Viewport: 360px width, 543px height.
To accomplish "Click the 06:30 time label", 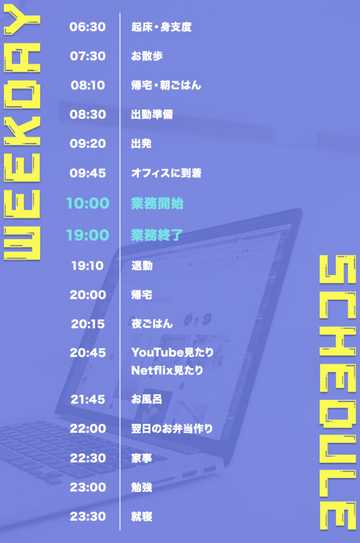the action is pyautogui.click(x=87, y=27).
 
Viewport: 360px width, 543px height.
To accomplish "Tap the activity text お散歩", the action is pyautogui.click(x=147, y=56).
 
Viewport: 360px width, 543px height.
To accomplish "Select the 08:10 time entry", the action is pyautogui.click(x=87, y=85).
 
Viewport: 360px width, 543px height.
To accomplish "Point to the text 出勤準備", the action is pyautogui.click(x=152, y=115).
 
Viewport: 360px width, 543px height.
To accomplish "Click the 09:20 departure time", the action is pyautogui.click(x=87, y=143).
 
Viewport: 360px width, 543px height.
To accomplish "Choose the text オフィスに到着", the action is pyautogui.click(x=166, y=173).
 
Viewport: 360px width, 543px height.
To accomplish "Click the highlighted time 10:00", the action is pyautogui.click(x=87, y=203).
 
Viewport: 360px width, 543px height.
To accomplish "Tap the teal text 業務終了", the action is pyautogui.click(x=157, y=235).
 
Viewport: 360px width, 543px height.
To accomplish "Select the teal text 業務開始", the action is pyautogui.click(x=157, y=203).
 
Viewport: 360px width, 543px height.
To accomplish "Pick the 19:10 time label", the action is pyautogui.click(x=87, y=266).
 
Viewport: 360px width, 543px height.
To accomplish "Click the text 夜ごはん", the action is pyautogui.click(x=152, y=324).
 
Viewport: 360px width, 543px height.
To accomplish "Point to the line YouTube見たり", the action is pyautogui.click(x=172, y=352).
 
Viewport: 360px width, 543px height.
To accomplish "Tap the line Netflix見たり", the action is pyautogui.click(x=167, y=371).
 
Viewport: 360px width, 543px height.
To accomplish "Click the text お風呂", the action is pyautogui.click(x=146, y=399).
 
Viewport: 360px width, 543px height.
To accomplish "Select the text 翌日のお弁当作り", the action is pyautogui.click(x=172, y=428).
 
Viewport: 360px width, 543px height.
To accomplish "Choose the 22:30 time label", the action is pyautogui.click(x=87, y=458).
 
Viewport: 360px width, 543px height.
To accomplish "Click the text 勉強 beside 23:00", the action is pyautogui.click(x=142, y=487).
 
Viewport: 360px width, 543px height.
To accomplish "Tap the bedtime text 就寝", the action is pyautogui.click(x=142, y=516).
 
